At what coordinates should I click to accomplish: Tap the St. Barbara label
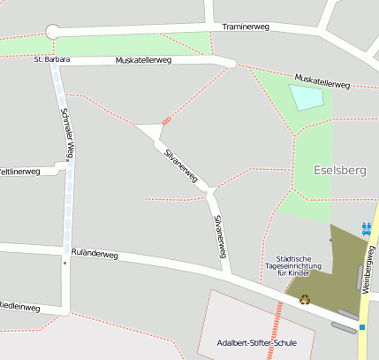click(51, 59)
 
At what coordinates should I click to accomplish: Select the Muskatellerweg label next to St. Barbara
click(142, 60)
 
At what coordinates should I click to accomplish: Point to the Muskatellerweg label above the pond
click(322, 81)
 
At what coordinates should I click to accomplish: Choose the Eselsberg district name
click(339, 168)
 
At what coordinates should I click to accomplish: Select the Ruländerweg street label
click(95, 253)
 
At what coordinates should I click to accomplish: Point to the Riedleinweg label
click(19, 307)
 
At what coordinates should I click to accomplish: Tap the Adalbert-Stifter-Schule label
click(256, 342)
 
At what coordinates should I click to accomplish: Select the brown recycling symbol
click(306, 299)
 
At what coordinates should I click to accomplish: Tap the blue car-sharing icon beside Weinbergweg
click(367, 227)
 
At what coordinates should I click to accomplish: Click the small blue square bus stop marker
click(361, 328)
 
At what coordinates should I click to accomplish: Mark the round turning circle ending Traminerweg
click(52, 32)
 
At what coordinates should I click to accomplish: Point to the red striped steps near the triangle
click(166, 120)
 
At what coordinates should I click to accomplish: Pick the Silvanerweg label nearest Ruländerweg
click(218, 235)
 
